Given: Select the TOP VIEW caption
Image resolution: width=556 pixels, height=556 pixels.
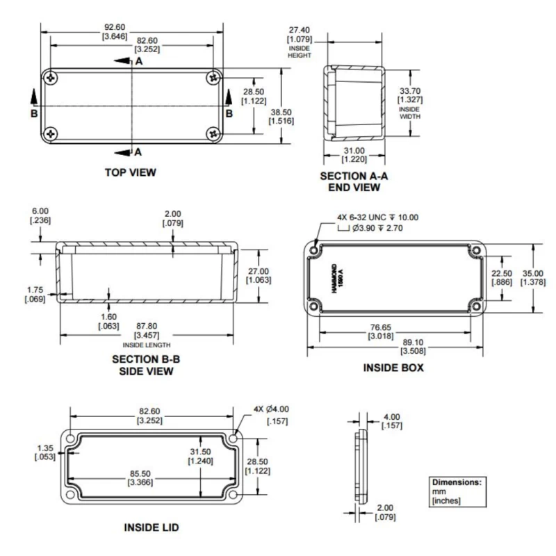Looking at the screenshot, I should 131,172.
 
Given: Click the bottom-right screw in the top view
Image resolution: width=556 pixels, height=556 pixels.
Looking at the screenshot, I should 212,133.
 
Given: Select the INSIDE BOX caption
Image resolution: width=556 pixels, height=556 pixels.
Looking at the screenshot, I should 393,368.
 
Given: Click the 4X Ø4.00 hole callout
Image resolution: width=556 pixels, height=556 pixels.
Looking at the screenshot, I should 271,412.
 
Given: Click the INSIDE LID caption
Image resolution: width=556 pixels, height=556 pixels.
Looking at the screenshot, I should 151,528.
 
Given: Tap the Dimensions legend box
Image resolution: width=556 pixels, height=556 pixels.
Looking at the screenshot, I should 455,491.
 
